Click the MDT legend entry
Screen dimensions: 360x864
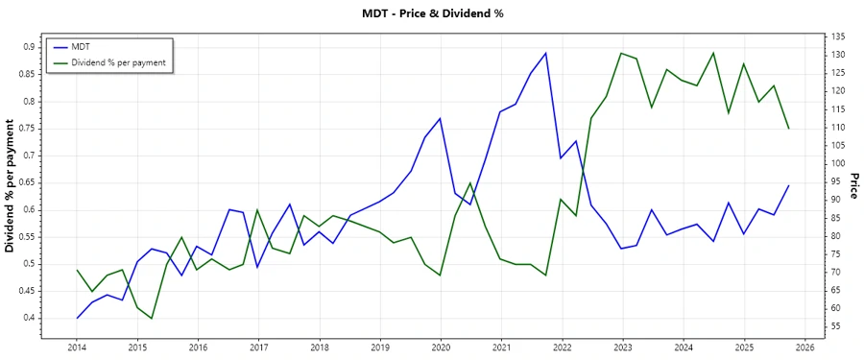(x=94, y=47)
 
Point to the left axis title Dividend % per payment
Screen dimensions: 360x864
(x=11, y=186)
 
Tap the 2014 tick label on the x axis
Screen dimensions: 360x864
(x=77, y=348)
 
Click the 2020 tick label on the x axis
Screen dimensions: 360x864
(x=441, y=348)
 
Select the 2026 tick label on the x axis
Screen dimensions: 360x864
(x=804, y=348)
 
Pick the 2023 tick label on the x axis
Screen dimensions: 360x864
(x=623, y=348)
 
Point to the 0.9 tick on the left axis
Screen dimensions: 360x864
(x=30, y=46)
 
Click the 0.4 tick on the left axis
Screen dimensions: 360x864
(x=30, y=318)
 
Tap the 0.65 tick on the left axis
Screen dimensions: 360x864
(x=28, y=182)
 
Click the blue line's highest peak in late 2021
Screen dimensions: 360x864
(x=545, y=53)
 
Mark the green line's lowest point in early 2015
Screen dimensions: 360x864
(x=152, y=319)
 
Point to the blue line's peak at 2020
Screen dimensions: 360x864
(x=440, y=118)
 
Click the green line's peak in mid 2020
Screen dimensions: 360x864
(x=470, y=182)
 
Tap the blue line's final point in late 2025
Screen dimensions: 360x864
(x=789, y=185)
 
